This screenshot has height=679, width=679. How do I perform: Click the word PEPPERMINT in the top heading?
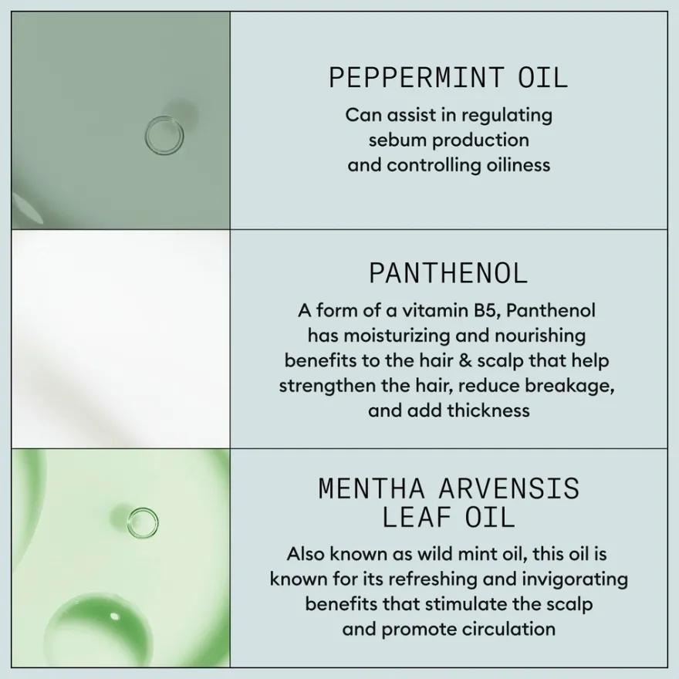coord(417,78)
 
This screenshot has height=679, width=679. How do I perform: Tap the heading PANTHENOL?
coord(448,274)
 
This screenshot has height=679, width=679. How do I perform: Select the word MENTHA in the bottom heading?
coord(372,489)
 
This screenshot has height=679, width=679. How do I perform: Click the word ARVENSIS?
coord(508,489)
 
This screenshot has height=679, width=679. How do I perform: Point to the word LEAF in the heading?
coord(416,518)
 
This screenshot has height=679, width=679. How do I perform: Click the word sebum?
coord(397,140)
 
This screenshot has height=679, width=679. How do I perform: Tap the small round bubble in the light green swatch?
coord(143,509)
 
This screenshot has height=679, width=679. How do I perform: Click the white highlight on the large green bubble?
coord(114,617)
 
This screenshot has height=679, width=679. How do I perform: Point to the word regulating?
coord(507,116)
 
